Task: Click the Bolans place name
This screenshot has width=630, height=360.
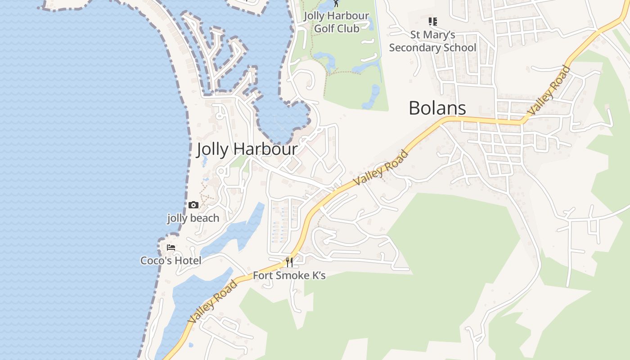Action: pyautogui.click(x=437, y=108)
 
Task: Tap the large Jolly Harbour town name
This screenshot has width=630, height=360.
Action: pyautogui.click(x=247, y=149)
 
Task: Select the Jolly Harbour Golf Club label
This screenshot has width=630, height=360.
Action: pyautogui.click(x=337, y=22)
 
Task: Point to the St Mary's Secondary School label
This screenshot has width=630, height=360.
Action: pyautogui.click(x=432, y=41)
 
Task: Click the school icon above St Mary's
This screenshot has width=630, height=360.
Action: pyautogui.click(x=432, y=21)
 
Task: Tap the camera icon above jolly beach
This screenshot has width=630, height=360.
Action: pyautogui.click(x=193, y=205)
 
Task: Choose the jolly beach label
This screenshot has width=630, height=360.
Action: pyautogui.click(x=193, y=218)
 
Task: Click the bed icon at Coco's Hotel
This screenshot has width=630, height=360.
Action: pyautogui.click(x=171, y=247)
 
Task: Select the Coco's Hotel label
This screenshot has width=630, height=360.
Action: pyautogui.click(x=171, y=261)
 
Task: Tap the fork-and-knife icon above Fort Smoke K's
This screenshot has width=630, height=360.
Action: pyautogui.click(x=289, y=262)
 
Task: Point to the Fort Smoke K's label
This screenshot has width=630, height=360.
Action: pyautogui.click(x=289, y=275)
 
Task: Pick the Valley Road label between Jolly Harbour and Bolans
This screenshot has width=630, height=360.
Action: pyautogui.click(x=381, y=168)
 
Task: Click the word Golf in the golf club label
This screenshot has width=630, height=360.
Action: pyautogui.click(x=324, y=28)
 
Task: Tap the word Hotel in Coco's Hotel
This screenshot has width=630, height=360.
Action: pyautogui.click(x=189, y=261)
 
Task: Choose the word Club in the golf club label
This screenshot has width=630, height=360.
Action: pyautogui.click(x=349, y=28)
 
